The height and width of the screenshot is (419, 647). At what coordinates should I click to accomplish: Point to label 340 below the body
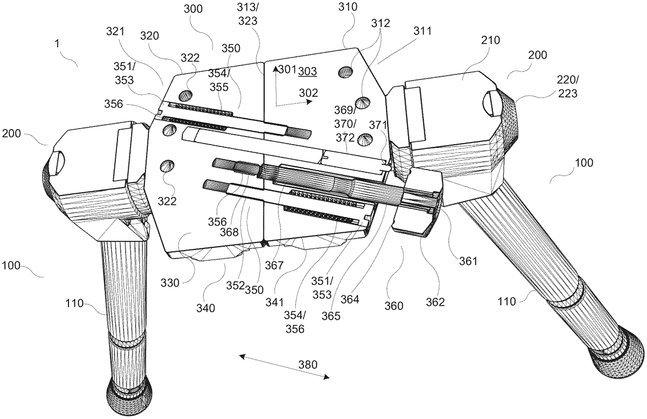(205, 308)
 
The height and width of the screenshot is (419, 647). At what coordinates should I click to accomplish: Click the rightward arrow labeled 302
(294, 103)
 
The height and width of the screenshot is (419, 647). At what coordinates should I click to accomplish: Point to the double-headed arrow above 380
(284, 367)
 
